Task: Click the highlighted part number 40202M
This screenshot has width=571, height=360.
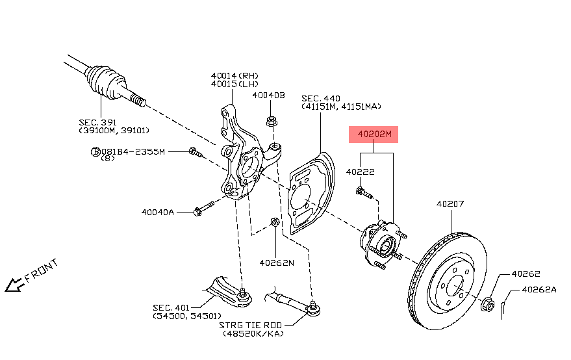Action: coord(373,135)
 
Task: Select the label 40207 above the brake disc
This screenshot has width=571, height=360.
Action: coord(450,204)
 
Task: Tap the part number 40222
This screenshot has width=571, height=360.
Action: coord(359,172)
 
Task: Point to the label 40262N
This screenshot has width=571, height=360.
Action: coord(277,263)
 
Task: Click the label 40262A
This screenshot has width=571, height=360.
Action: coord(539,290)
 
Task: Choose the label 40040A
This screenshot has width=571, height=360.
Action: coord(158,212)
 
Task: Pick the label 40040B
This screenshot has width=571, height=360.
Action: coord(269,95)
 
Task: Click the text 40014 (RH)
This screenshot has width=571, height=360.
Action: coord(235,75)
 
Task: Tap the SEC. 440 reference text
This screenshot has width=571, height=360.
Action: coord(321,97)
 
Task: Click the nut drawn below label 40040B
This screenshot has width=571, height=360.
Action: coord(272,121)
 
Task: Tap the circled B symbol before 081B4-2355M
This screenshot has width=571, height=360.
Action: coord(95,151)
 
